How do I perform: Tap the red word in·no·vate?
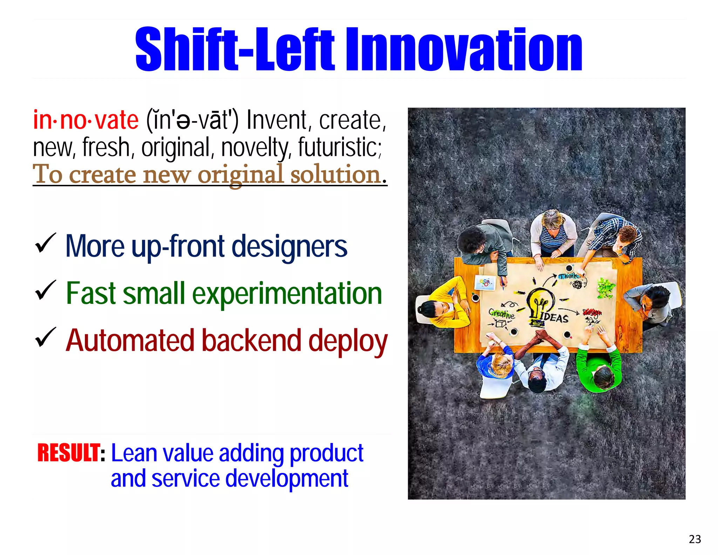coord(86,120)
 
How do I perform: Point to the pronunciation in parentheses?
coord(192,120)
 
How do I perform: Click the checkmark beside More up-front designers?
coord(45,243)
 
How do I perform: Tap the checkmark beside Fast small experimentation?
coord(45,290)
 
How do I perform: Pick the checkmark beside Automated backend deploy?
coord(45,337)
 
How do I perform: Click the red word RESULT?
coord(69,453)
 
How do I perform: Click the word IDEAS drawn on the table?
coord(554,317)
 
